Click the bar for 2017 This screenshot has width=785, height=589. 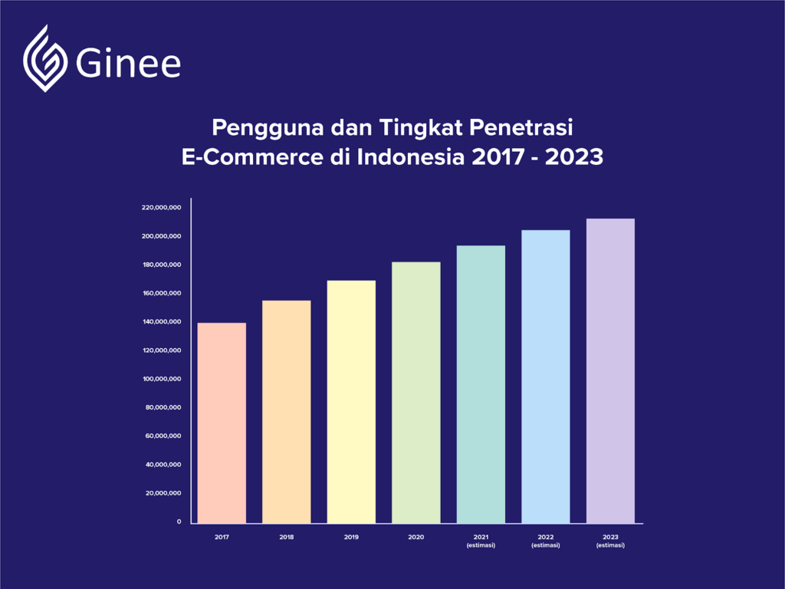tap(222, 423)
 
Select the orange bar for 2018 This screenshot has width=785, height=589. tap(287, 412)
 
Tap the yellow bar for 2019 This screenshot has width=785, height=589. tap(351, 402)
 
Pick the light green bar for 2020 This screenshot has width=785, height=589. tap(416, 393)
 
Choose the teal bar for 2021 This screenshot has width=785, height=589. tap(481, 385)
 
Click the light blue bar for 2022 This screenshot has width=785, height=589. tap(546, 377)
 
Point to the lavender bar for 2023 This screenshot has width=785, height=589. tap(610, 371)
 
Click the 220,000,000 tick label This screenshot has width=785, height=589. tap(161, 207)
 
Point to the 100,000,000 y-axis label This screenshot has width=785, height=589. tap(162, 379)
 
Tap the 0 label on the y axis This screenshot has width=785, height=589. tap(179, 522)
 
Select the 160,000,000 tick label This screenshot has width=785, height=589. tap(162, 294)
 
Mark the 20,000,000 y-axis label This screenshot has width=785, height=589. tap(163, 493)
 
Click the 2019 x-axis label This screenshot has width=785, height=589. tap(351, 538)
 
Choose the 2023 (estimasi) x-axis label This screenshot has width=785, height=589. tap(610, 541)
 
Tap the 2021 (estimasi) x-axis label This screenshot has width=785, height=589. tap(481, 541)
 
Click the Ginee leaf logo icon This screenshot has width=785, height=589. tap(45, 58)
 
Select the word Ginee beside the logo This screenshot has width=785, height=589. tap(128, 64)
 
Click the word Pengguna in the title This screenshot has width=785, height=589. tap(268, 128)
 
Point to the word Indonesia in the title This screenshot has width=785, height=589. tap(411, 157)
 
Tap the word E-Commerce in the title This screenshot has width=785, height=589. tap(252, 157)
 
